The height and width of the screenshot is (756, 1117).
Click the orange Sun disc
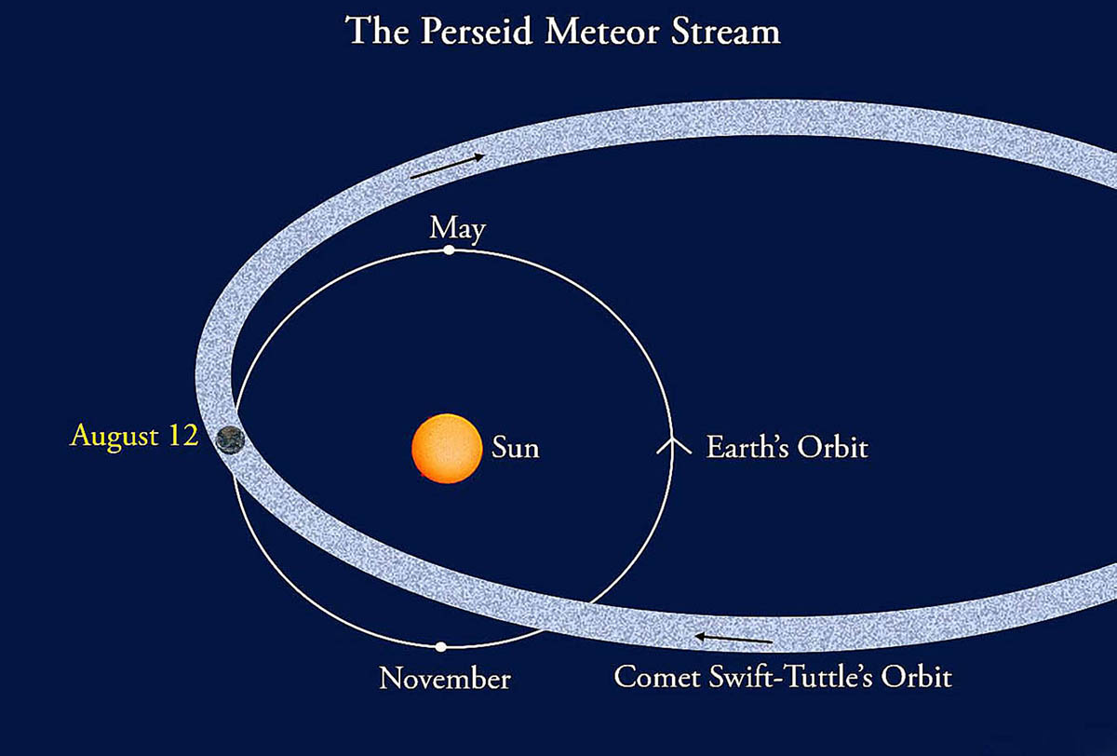click(447, 449)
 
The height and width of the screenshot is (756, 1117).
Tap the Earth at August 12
click(230, 440)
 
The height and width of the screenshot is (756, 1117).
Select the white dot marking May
click(449, 250)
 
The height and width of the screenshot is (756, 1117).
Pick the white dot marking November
click(441, 647)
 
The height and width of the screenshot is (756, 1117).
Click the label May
click(457, 229)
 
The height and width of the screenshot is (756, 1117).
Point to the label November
click(445, 678)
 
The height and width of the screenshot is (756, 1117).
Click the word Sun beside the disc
click(515, 447)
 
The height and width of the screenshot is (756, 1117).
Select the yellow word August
click(114, 437)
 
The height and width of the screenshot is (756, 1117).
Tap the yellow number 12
click(183, 435)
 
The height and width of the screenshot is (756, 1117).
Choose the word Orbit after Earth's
click(833, 446)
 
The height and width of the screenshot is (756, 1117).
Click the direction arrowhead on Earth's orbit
click(674, 445)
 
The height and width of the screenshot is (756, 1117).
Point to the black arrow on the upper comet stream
click(447, 166)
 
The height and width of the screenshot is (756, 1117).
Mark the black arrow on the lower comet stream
click(733, 639)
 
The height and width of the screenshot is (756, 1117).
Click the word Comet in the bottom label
click(656, 677)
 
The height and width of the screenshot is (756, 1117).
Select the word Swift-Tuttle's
click(791, 677)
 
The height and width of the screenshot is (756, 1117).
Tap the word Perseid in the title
click(477, 31)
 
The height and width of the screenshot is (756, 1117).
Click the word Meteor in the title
click(602, 32)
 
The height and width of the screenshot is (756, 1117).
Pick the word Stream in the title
click(725, 32)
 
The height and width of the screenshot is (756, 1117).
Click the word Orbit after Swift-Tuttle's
click(917, 677)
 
